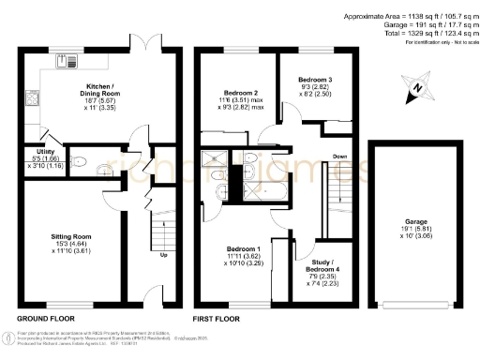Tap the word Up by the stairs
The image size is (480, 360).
coord(164,255)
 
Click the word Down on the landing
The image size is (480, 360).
coord(342,157)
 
